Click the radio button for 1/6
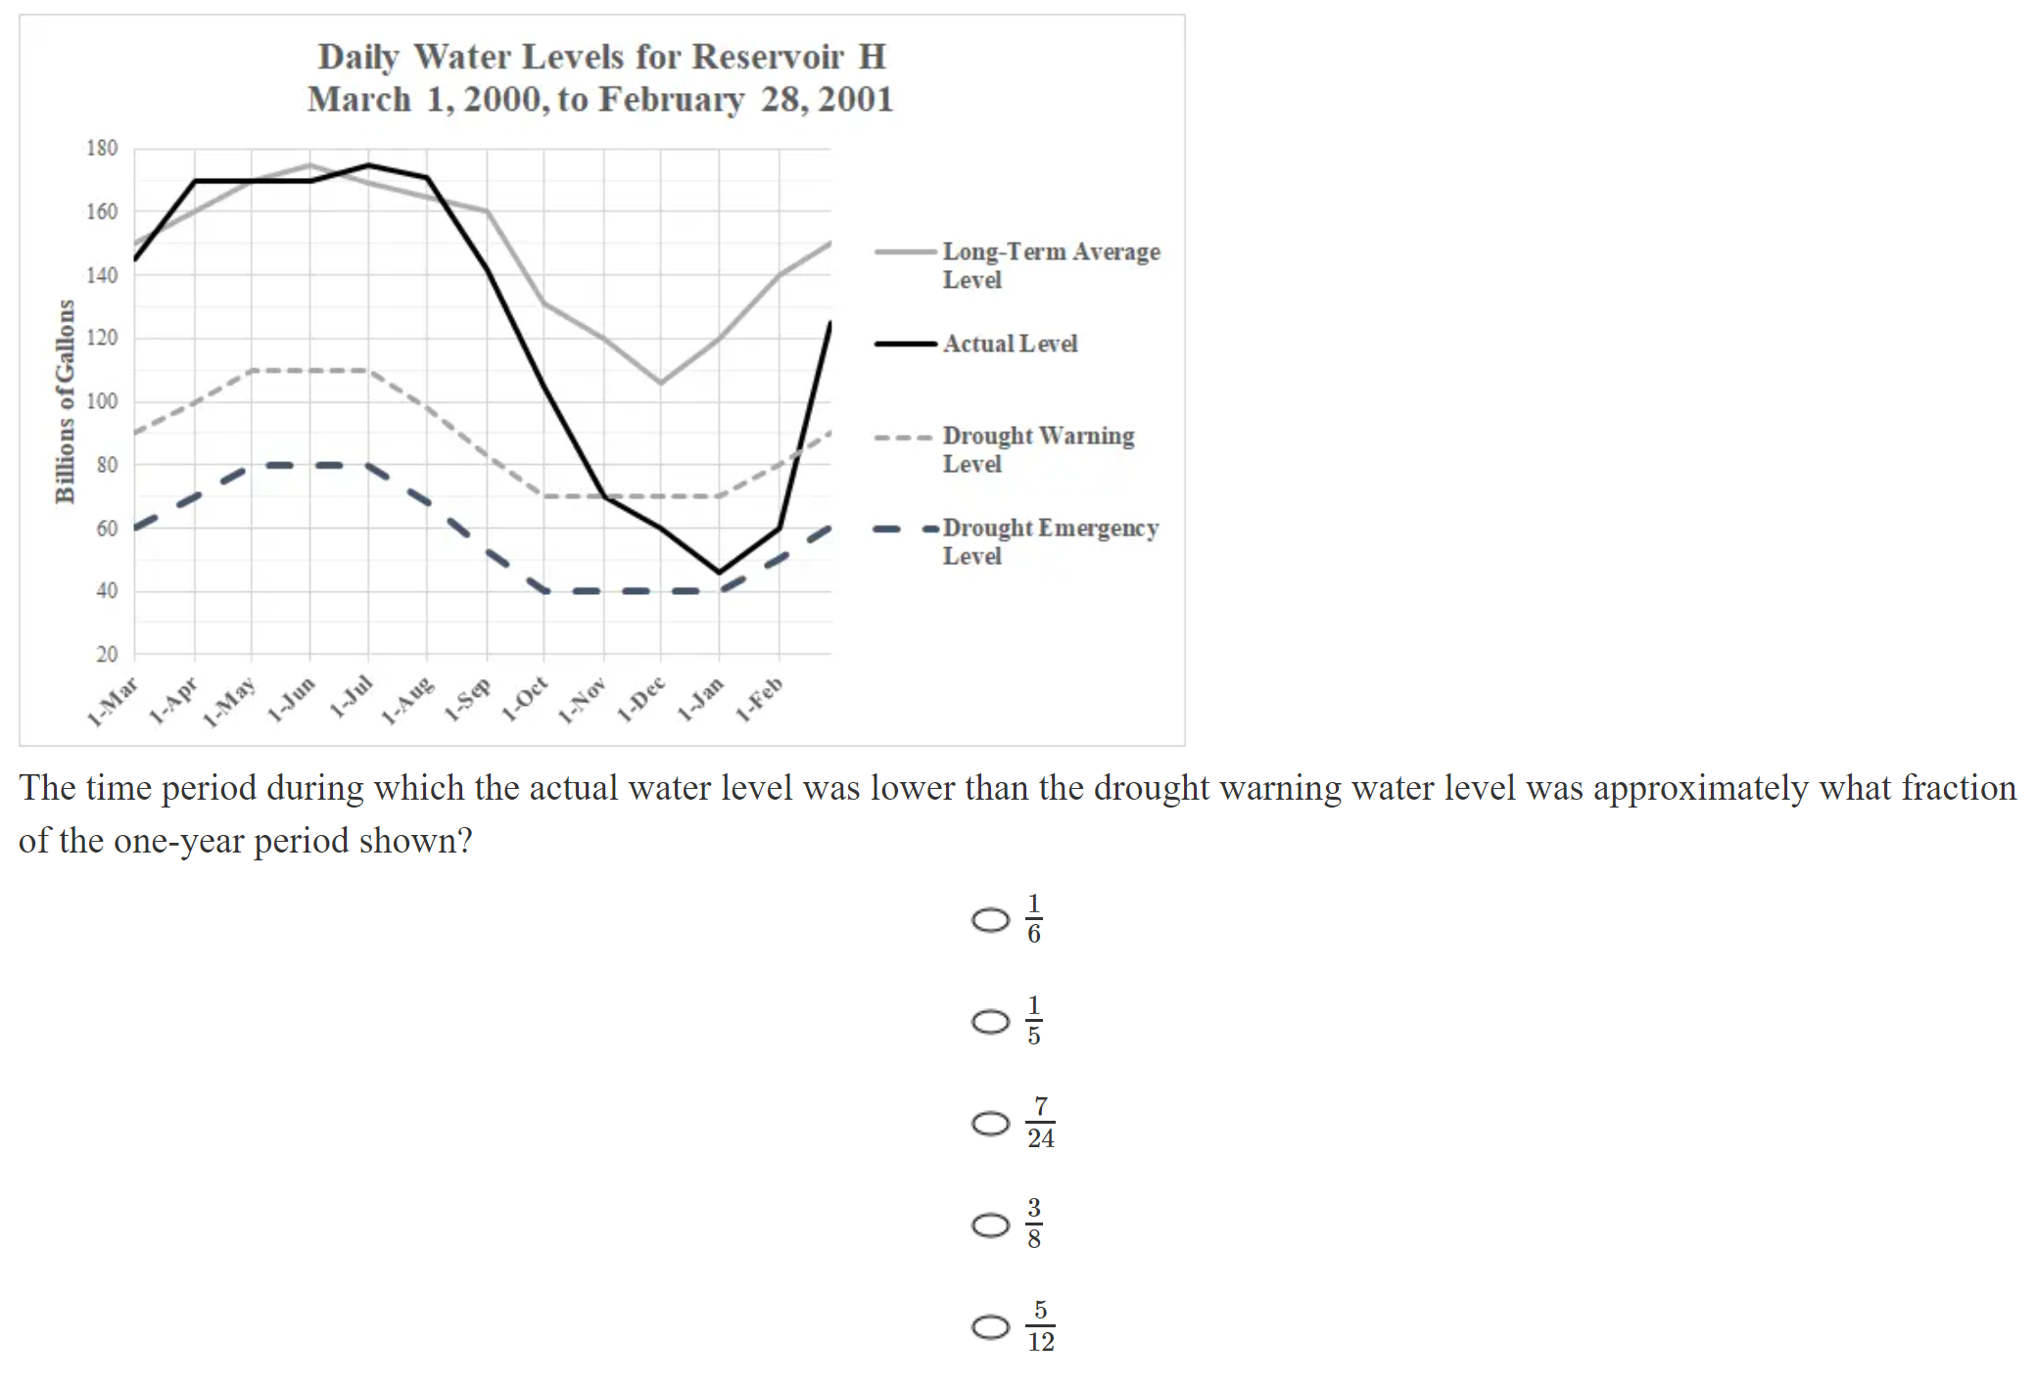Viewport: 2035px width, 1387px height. coord(990,920)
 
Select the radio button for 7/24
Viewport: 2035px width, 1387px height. coord(990,1123)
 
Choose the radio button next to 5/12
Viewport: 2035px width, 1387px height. coord(990,1326)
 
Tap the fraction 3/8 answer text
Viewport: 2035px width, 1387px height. coord(1034,1224)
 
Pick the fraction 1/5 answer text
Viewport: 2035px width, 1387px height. coord(1034,1021)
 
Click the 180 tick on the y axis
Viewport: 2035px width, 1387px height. coord(102,149)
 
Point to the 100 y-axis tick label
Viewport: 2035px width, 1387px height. coord(102,401)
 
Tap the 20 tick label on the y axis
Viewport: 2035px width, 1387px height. coord(107,654)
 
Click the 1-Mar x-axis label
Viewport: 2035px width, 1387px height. coord(113,702)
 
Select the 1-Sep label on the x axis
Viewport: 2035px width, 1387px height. coord(468,700)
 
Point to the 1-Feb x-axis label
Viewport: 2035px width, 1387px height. coord(760,700)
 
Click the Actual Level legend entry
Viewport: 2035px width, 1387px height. coord(1010,344)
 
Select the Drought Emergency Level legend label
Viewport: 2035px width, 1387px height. coord(1050,541)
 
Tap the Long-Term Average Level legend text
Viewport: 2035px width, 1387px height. coord(1051,265)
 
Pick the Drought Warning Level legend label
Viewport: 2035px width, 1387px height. coord(1038,449)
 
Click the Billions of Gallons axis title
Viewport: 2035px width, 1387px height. coord(65,401)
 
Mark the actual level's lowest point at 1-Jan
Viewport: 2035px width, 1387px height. coord(720,573)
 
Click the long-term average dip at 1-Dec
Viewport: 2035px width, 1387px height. coord(660,383)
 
